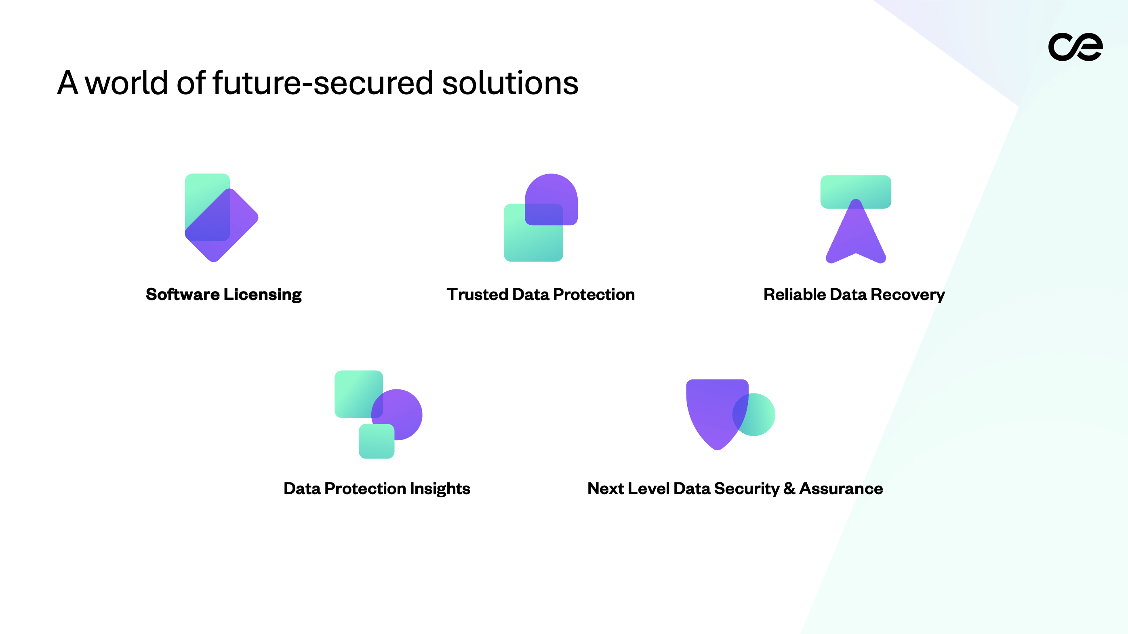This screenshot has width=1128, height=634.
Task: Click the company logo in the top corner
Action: pyautogui.click(x=1075, y=47)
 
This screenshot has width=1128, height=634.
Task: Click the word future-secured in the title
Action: pyautogui.click(x=323, y=83)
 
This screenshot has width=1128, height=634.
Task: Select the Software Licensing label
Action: pyautogui.click(x=223, y=294)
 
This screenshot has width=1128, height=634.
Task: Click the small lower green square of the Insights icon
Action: pyautogui.click(x=376, y=442)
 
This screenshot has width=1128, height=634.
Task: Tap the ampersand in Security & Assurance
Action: pyautogui.click(x=789, y=488)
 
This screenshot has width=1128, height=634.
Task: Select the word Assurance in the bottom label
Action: pyautogui.click(x=841, y=488)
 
